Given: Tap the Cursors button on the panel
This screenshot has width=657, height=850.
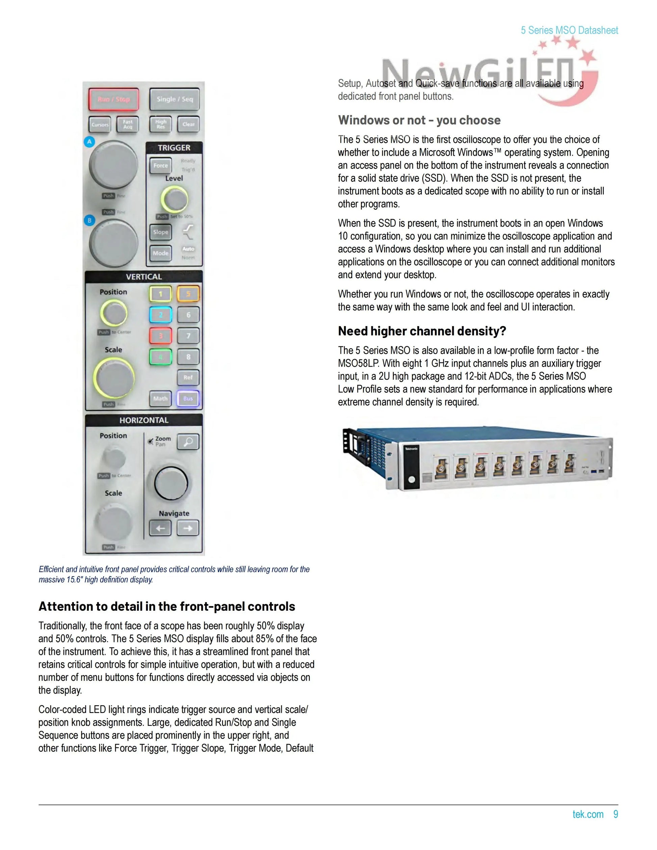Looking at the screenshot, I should [100, 125].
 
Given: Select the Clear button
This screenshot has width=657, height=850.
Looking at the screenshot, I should [188, 125].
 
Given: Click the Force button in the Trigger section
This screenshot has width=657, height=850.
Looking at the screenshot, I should [160, 166].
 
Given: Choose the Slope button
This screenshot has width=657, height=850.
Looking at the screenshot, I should [160, 232].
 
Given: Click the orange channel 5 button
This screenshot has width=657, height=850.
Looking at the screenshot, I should [188, 294].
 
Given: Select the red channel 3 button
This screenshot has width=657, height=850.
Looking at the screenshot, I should [160, 336].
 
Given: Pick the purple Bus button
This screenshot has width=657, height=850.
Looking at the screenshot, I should [188, 399].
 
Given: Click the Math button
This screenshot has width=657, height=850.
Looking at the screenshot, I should [160, 399].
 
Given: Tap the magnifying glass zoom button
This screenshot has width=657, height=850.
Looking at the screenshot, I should [188, 442].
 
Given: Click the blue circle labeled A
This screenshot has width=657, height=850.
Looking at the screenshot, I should [89, 142].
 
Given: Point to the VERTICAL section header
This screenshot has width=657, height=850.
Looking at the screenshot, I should [143, 277].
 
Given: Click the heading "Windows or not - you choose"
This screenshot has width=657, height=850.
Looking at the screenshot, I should [419, 120].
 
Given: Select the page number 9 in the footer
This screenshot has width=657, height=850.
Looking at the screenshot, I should [615, 814].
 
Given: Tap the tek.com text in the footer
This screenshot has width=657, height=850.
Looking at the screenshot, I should [588, 814].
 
